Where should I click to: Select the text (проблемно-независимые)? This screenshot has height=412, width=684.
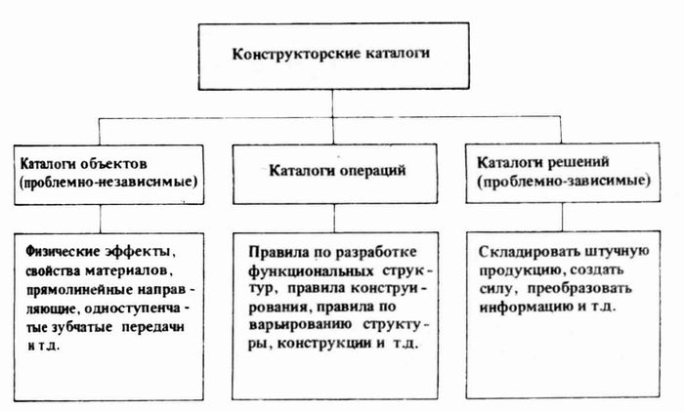click(x=108, y=182)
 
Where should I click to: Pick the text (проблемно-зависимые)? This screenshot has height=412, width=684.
click(x=564, y=181)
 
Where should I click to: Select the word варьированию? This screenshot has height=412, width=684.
click(x=301, y=326)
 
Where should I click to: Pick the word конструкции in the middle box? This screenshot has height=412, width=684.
click(x=324, y=344)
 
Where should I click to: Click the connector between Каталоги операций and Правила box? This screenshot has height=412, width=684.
click(x=334, y=219)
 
